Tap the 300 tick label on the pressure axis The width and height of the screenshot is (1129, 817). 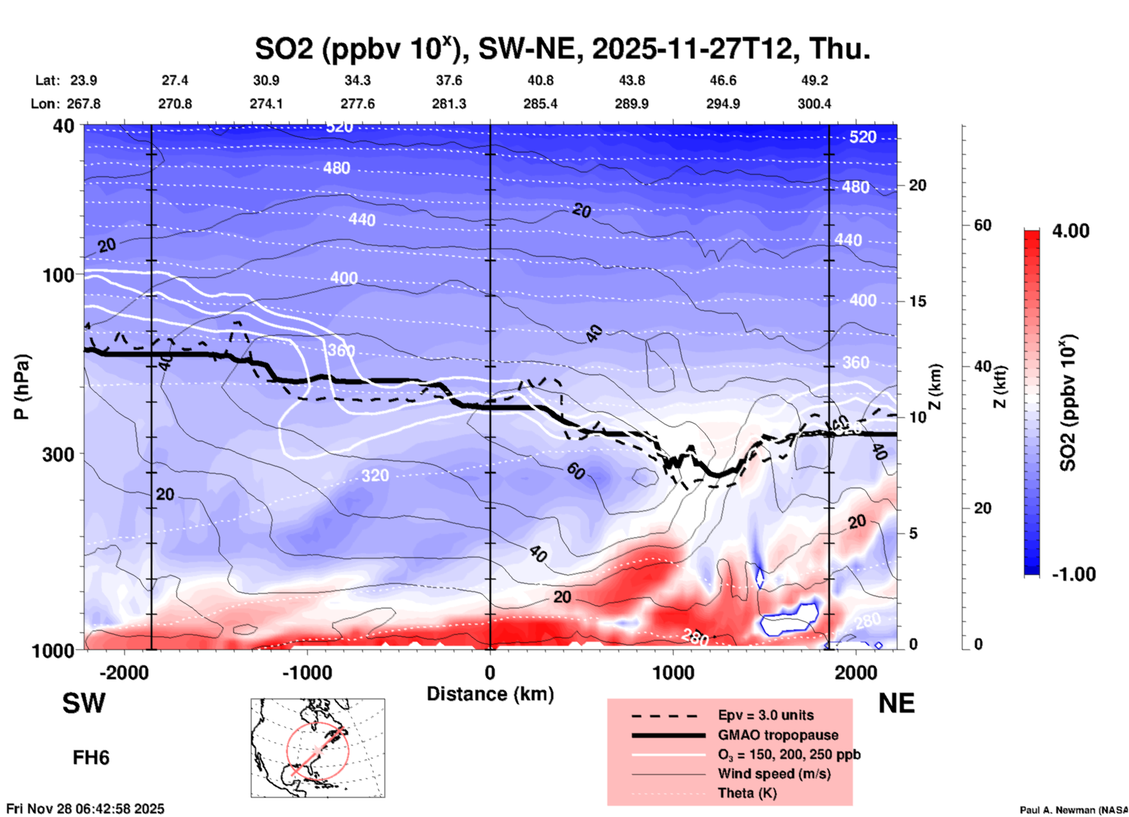[58, 454]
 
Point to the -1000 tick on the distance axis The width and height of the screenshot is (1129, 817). [307, 672]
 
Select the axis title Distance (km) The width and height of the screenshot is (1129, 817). [490, 694]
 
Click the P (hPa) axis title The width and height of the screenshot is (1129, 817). [22, 387]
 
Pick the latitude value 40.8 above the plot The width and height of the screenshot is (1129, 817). [540, 80]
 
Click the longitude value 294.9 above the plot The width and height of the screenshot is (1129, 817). [723, 104]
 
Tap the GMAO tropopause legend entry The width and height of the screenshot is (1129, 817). [778, 735]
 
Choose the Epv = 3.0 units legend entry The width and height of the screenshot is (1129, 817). [766, 715]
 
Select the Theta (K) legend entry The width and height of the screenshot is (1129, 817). [747, 793]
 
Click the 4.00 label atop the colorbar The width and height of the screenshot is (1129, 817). [1070, 231]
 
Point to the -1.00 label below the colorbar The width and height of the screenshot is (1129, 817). [1073, 574]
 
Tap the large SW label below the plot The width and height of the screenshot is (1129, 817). [84, 703]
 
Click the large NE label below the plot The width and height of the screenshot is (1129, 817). [896, 703]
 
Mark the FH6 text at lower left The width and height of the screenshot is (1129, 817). [91, 758]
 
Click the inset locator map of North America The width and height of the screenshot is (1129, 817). [318, 748]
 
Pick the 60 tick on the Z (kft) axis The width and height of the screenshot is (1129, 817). [982, 225]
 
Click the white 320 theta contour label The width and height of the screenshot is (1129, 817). [375, 475]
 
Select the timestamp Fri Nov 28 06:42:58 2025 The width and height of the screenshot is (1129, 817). [86, 809]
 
